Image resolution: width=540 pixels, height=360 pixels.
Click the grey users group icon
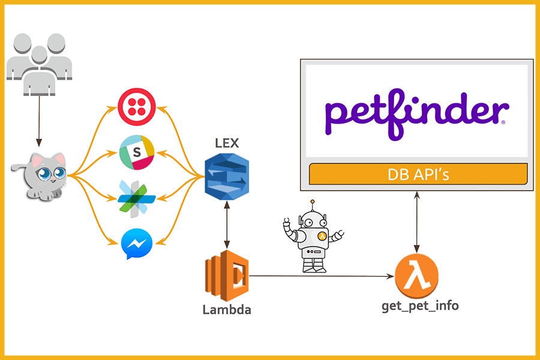(x=39, y=64)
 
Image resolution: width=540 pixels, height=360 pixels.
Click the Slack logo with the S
(x=137, y=152)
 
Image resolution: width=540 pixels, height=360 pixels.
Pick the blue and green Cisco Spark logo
(x=136, y=199)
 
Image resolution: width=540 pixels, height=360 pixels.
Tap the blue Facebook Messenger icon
(x=137, y=244)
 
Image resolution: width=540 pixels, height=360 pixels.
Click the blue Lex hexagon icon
(x=227, y=176)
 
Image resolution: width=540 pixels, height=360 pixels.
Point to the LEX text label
(x=227, y=143)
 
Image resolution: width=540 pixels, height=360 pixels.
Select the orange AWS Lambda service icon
(x=227, y=275)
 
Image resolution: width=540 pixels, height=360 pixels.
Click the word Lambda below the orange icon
(x=227, y=310)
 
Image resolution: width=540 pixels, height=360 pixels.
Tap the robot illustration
(x=313, y=236)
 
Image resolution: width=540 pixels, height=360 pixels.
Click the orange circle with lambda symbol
(x=417, y=276)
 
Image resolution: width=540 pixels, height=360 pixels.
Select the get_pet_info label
(x=420, y=306)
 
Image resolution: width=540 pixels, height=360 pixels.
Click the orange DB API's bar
(x=418, y=174)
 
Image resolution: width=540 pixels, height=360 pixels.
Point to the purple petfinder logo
(x=417, y=114)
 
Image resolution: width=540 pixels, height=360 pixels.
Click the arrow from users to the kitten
(x=39, y=121)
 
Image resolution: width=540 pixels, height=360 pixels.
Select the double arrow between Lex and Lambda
(x=227, y=225)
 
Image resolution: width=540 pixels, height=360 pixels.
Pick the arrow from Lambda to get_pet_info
(x=322, y=276)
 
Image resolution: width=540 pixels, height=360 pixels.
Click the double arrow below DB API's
(x=417, y=223)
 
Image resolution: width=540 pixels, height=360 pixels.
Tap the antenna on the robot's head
(x=313, y=205)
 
